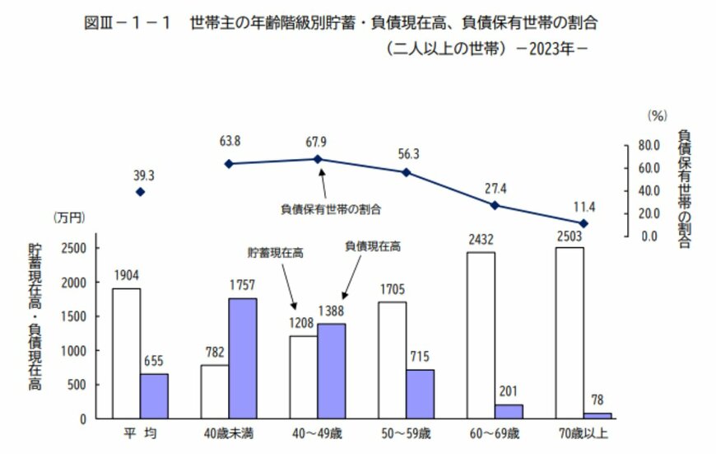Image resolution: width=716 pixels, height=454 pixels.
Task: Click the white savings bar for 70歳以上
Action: tap(570, 333)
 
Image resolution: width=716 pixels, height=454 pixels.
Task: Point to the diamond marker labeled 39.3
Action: tap(140, 192)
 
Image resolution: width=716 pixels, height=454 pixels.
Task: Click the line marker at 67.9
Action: tap(318, 159)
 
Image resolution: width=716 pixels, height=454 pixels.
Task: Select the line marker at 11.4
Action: tap(583, 223)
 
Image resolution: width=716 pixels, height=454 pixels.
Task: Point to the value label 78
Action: tap(597, 402)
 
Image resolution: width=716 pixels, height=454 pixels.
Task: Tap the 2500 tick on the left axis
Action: tap(76, 247)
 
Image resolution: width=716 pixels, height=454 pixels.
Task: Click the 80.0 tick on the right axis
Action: tap(649, 146)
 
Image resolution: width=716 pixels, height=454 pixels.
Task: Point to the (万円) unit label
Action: tap(68, 218)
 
